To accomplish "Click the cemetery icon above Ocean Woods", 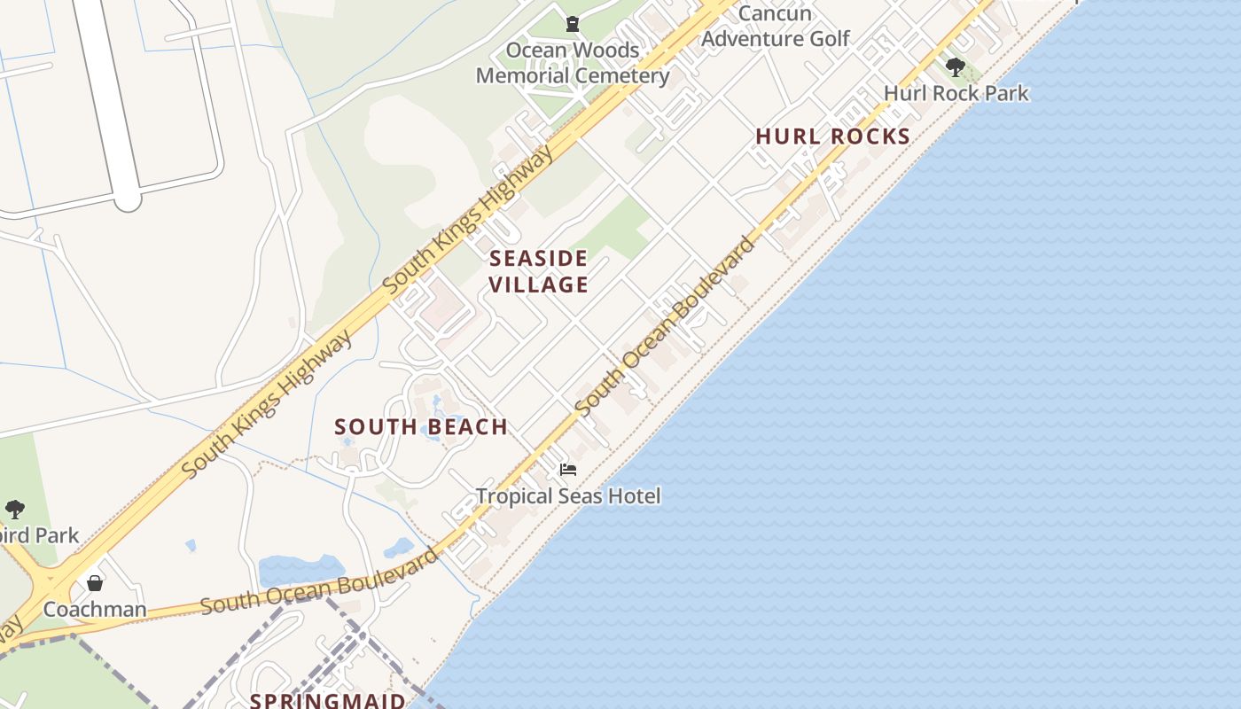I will (x=573, y=23).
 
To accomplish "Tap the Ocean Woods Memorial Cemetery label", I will (x=573, y=62).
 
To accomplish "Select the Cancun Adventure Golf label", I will (x=775, y=26).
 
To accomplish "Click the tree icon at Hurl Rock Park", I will (x=955, y=66).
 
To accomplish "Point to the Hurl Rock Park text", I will (x=956, y=93).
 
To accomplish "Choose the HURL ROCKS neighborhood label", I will (x=832, y=136).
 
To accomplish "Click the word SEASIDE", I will (x=538, y=259).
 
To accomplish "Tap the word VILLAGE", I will (x=538, y=284).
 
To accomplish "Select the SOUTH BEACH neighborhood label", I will (x=421, y=427).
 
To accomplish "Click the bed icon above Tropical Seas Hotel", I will (x=568, y=469).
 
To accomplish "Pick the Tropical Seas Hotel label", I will (x=568, y=495).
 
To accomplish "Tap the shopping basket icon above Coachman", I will (x=95, y=583).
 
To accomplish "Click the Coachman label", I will (x=95, y=610).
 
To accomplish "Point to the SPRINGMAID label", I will (x=327, y=701).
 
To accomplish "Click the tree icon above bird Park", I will (x=14, y=510).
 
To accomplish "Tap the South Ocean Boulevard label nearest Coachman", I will (x=319, y=582).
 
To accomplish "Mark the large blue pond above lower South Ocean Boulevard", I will (x=301, y=570).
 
